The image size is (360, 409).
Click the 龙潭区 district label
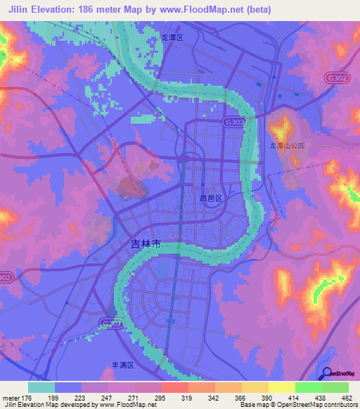pyautogui.click(x=172, y=37)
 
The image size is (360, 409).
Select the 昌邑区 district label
pyautogui.click(x=210, y=199)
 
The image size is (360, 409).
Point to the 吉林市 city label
pyautogui.click(x=146, y=245)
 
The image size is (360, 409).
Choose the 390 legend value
pyautogui.click(x=257, y=397)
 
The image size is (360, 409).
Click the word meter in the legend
pyautogui.click(x=11, y=397)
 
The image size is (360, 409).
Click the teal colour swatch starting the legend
pyautogui.click(x=41, y=387)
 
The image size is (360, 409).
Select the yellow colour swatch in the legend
pyautogui.click(x=282, y=387)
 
